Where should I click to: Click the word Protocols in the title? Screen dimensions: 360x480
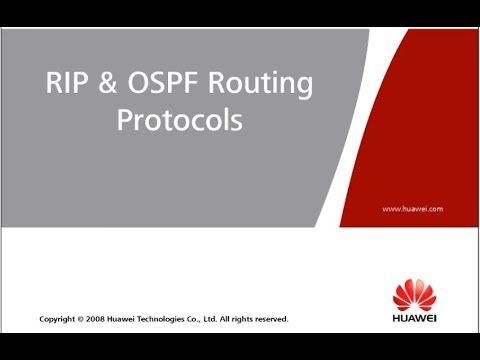click(180, 120)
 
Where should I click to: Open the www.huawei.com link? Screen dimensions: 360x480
click(412, 208)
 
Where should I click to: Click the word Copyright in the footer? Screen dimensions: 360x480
click(56, 319)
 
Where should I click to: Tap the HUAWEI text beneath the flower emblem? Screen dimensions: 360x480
click(413, 324)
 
